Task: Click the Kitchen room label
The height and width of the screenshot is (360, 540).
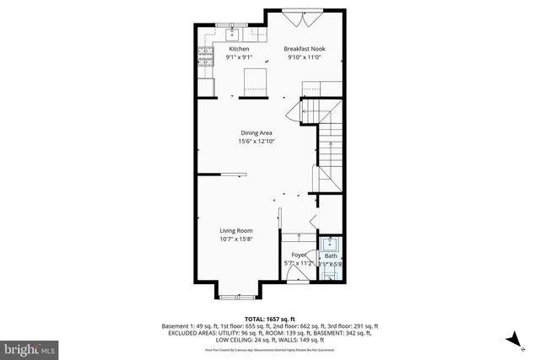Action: pos(240,49)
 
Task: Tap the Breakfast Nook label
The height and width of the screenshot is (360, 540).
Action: pos(305,49)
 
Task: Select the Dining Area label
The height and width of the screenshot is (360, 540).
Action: pos(255,132)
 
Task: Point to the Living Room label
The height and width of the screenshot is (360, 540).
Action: pos(237,230)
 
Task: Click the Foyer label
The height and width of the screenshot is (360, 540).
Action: pos(299,254)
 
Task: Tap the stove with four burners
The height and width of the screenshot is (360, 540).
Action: pos(205,56)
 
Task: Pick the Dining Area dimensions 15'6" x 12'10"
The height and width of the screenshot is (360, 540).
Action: pos(255,141)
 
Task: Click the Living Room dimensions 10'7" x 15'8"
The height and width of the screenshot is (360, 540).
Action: pos(237,239)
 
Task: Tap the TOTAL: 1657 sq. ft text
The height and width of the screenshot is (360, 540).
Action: pos(270,319)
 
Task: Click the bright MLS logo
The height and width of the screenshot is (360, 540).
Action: pos(30,347)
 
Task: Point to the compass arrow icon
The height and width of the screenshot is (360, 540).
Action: pos(511,339)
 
